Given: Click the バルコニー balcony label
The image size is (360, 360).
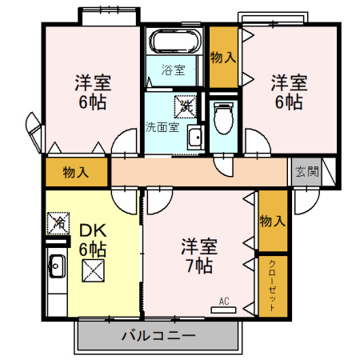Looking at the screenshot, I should (x=158, y=334).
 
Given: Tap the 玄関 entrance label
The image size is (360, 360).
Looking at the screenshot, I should (x=306, y=171).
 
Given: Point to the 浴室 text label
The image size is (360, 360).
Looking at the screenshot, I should (x=172, y=70).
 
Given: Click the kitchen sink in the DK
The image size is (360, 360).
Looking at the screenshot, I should (x=56, y=263).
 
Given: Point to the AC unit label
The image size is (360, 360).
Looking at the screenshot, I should (x=224, y=302).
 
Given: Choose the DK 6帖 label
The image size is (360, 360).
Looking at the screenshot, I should (x=92, y=239).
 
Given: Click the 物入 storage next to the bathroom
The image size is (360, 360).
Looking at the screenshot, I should (x=222, y=57).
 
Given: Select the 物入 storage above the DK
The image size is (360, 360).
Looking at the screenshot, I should (x=75, y=173).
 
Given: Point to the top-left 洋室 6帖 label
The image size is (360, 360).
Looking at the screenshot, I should (x=93, y=92).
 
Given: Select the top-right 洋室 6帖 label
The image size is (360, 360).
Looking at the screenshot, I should (x=287, y=92).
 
